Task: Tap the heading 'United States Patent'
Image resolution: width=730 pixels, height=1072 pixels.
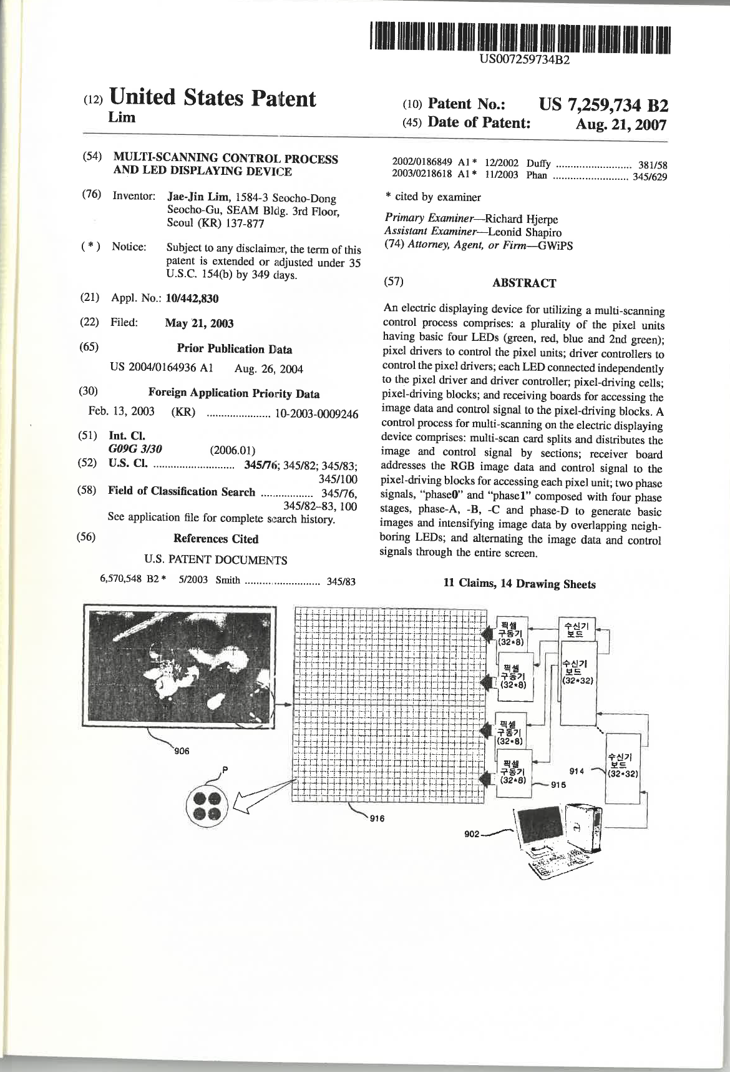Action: point(213,99)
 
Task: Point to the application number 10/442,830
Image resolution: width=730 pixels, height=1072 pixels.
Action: point(192,298)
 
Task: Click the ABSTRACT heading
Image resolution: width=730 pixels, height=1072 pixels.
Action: point(524,283)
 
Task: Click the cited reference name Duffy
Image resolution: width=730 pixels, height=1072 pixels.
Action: point(539,164)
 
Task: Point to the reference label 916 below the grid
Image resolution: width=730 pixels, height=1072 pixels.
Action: point(376,821)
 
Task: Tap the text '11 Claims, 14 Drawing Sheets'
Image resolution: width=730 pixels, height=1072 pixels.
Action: point(519,584)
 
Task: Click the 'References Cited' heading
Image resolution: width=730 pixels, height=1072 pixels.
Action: point(216,539)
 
